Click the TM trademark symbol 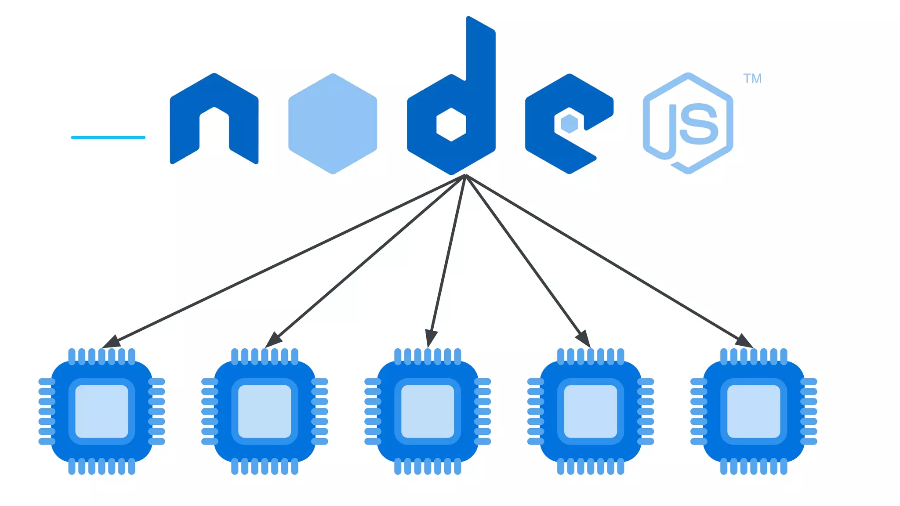[752, 79]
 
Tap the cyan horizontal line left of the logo [108, 137]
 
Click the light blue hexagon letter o [333, 124]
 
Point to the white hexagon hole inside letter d [451, 125]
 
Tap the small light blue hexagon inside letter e [570, 124]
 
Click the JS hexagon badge [688, 123]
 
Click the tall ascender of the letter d [481, 53]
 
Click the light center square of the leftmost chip [102, 412]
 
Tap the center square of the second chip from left [265, 412]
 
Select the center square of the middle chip [428, 412]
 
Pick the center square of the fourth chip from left [591, 412]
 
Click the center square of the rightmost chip [754, 412]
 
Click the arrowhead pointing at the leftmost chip [111, 342]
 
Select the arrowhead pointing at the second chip [273, 340]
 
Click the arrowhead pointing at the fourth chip [583, 339]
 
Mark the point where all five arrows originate [465, 175]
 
